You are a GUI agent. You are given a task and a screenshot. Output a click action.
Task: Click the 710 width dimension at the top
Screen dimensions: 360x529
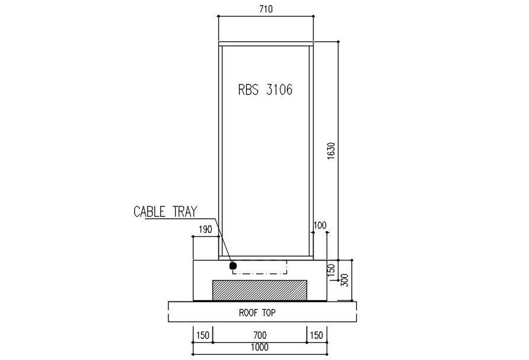[x=264, y=9]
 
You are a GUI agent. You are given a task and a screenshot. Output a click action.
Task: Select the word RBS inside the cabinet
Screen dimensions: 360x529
[x=248, y=90]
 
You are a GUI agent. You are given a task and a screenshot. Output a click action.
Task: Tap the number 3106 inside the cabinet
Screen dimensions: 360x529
[x=280, y=90]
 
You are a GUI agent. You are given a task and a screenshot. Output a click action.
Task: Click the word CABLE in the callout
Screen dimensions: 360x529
[x=149, y=212]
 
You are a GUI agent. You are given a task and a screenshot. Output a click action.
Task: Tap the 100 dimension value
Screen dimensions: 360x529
[x=320, y=226]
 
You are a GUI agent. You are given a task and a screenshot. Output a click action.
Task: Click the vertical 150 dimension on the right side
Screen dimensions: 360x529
[x=331, y=271]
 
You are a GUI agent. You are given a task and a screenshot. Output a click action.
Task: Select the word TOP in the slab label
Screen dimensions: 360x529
[x=270, y=313]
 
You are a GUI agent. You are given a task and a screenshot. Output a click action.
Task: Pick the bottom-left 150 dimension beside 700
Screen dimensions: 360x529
[x=203, y=336]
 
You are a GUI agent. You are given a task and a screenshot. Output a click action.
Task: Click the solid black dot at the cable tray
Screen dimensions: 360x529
[x=233, y=266]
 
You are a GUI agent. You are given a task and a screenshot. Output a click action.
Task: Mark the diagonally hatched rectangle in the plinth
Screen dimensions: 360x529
[x=260, y=290]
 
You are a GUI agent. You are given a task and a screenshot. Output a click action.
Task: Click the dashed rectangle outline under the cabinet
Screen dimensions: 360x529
[x=260, y=274]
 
